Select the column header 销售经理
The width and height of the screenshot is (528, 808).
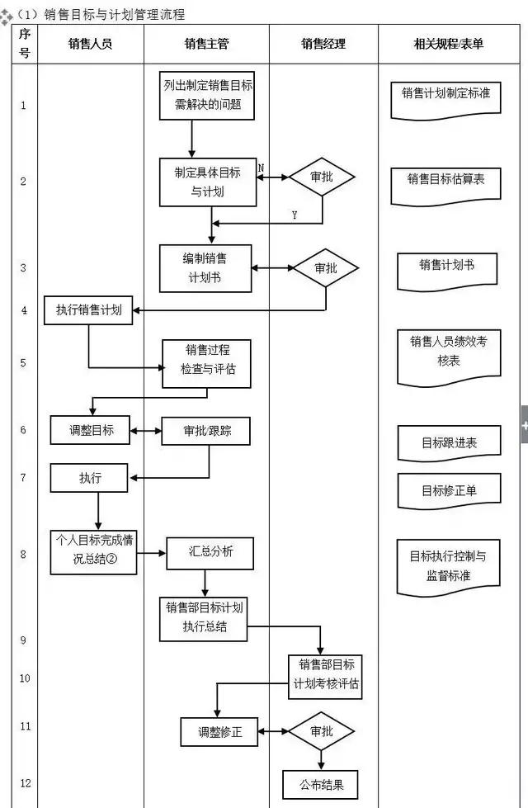(x=323, y=45)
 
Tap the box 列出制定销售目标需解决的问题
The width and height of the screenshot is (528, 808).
(x=208, y=96)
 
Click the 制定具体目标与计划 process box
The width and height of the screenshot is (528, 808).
(x=208, y=182)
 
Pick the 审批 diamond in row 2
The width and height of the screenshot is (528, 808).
(x=322, y=177)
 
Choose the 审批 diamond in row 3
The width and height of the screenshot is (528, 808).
(x=326, y=268)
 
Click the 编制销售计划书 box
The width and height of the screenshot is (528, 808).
(x=205, y=268)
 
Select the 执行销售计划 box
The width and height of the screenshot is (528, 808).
(x=88, y=310)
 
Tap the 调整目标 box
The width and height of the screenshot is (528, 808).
(x=90, y=430)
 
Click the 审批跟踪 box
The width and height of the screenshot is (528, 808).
(x=205, y=430)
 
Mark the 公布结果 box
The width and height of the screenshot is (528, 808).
(x=321, y=784)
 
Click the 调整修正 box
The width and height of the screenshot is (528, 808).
(x=219, y=731)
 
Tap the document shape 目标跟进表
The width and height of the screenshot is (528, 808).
(x=449, y=442)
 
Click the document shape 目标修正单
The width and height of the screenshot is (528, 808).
(x=449, y=490)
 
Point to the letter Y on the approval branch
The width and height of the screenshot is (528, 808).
(x=295, y=215)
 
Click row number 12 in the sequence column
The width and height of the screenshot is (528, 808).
(x=24, y=782)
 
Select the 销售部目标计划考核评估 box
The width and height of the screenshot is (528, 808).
(x=325, y=674)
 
